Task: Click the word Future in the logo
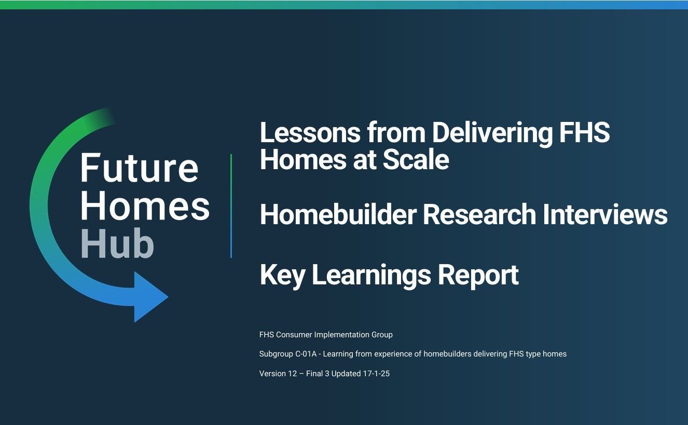(x=139, y=168)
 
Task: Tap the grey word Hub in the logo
(x=117, y=243)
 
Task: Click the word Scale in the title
(x=416, y=159)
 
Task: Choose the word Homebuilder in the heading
(x=338, y=214)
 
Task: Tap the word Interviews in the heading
(x=605, y=214)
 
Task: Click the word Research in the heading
(x=479, y=214)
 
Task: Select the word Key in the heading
(x=282, y=275)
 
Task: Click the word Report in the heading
(x=478, y=275)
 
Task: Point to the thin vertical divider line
(x=231, y=206)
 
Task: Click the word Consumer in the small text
(x=294, y=335)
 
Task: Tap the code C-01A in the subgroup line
(x=306, y=354)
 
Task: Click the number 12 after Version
(x=293, y=374)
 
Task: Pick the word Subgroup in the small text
(x=276, y=354)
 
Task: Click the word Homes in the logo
(x=145, y=205)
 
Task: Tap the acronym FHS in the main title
(x=585, y=132)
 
